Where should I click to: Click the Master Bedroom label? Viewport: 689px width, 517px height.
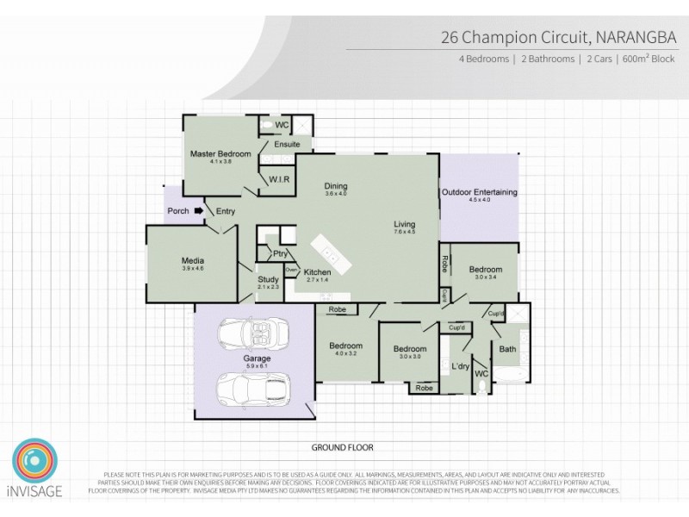(x=220, y=153)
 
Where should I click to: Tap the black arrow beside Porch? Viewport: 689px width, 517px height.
(x=199, y=210)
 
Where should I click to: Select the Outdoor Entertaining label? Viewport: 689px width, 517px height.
(x=479, y=192)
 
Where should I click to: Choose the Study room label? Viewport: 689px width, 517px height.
(x=269, y=278)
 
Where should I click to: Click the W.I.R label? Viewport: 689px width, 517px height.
(x=277, y=179)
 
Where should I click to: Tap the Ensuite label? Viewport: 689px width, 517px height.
(x=287, y=144)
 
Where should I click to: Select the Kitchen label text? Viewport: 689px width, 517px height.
(x=318, y=272)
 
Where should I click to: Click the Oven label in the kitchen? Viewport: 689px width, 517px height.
(x=291, y=270)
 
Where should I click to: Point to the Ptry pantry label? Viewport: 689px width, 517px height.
(x=280, y=253)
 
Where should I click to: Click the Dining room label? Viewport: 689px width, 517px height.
(x=336, y=186)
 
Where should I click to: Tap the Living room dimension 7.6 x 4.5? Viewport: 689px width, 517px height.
(x=405, y=232)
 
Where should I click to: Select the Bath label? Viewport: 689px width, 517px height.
(x=507, y=348)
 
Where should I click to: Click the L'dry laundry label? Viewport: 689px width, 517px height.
(x=459, y=367)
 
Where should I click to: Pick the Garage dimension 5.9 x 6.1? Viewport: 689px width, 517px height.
(x=257, y=366)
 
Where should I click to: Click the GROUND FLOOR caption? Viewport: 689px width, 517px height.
(x=342, y=447)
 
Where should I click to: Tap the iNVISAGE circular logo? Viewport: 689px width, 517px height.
(x=34, y=464)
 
